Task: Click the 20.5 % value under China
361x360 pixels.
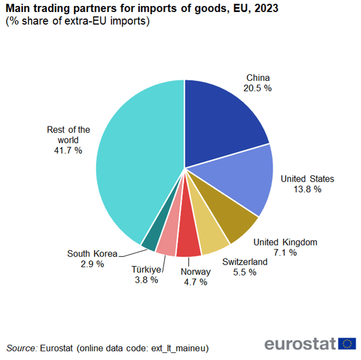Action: tap(258, 88)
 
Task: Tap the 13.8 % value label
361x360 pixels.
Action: tap(307, 189)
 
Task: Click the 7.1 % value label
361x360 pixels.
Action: tap(286, 252)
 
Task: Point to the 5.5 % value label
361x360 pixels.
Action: tap(244, 272)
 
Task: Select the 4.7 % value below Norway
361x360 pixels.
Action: tap(195, 282)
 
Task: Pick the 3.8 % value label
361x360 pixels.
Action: tap(146, 280)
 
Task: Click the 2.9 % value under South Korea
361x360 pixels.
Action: tap(92, 264)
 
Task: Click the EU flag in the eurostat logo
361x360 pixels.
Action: tap(347, 343)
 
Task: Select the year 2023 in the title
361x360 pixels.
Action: tap(262, 9)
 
